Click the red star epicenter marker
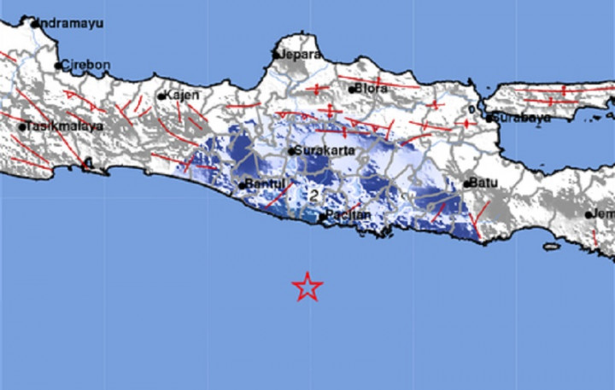point(307,288)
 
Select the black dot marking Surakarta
point(291,152)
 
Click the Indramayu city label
point(69,23)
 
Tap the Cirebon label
point(85,65)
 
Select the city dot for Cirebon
point(58,65)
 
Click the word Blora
point(372,87)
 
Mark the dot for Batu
point(468,183)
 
